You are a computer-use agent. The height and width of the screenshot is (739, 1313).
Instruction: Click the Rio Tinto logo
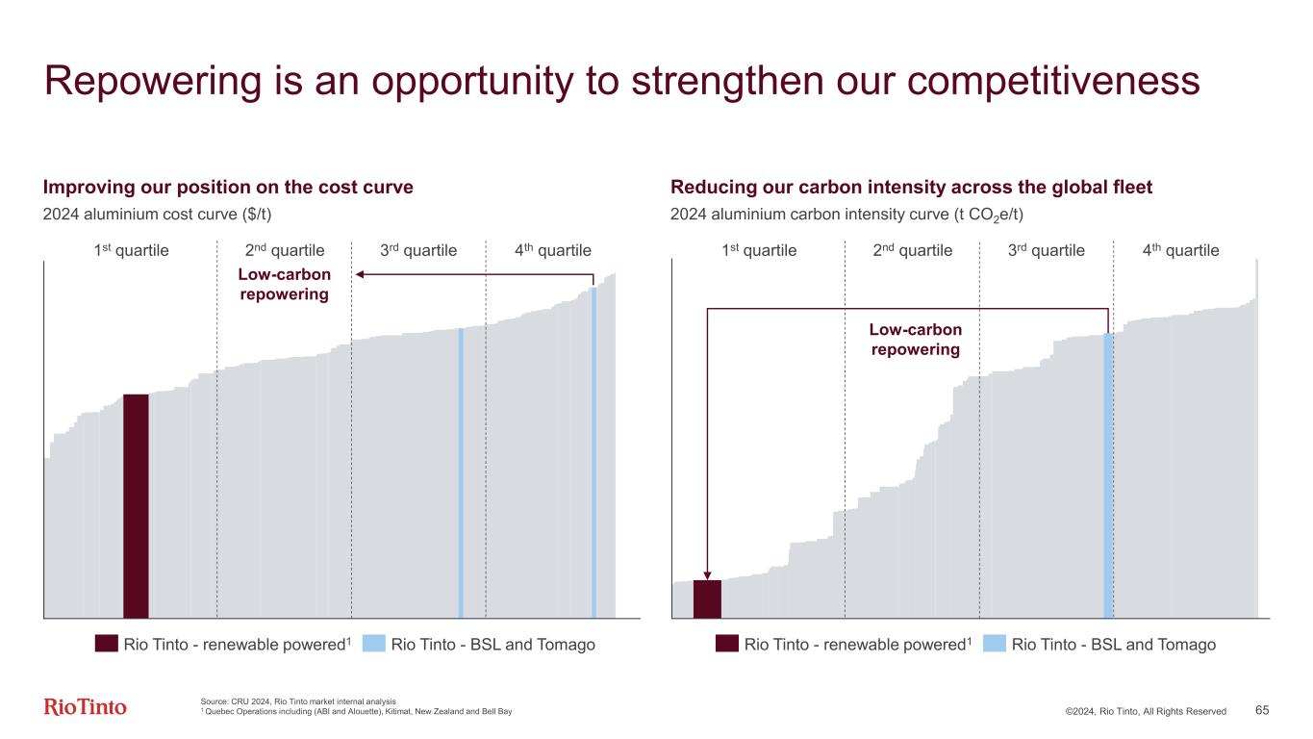coord(85,707)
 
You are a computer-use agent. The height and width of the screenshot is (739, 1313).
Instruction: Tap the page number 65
coord(1262,710)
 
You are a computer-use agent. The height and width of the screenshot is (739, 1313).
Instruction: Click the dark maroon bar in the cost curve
coord(136,505)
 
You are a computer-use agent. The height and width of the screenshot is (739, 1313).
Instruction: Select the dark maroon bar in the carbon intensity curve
coord(707,599)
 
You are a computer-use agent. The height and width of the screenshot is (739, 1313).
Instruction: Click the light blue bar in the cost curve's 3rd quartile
coord(461,471)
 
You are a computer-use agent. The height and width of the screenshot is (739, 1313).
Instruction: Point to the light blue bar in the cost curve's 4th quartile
coord(593,452)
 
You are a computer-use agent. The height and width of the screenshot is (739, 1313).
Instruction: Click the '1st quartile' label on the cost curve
coord(131,251)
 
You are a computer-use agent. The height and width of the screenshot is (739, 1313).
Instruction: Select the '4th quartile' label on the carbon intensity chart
coord(1180,251)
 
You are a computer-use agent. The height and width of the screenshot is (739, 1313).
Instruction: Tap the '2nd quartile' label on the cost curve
coord(285,251)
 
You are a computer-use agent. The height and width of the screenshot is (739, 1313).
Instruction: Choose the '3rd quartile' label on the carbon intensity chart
coord(1046,251)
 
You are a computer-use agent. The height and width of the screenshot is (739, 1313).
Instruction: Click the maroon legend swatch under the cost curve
coord(106,644)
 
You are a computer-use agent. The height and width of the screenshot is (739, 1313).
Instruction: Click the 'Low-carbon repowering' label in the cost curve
coord(285,285)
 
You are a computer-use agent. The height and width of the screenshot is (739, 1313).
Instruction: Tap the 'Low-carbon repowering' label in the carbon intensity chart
coord(915,340)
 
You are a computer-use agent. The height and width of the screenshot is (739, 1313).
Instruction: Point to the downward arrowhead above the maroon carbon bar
coord(707,574)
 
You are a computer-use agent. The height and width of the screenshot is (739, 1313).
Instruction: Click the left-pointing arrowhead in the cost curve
coord(360,275)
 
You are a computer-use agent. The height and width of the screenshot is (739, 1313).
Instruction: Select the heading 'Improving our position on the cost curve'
coord(229,187)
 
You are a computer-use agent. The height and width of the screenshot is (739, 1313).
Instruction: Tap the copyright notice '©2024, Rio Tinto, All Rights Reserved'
coord(1145,711)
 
